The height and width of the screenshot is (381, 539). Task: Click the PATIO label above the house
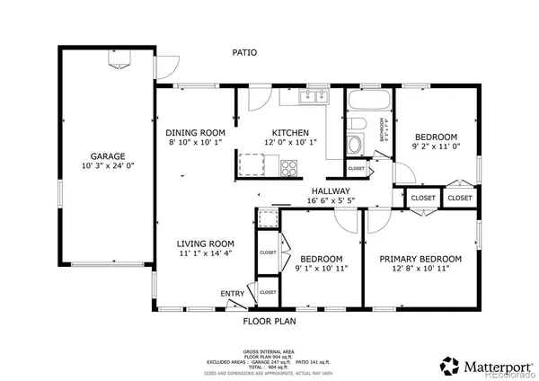[x=244, y=53]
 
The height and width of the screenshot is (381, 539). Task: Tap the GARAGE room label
[x=106, y=156]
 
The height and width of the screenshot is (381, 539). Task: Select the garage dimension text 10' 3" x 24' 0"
[x=106, y=167]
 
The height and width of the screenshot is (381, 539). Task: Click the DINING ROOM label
[x=194, y=131]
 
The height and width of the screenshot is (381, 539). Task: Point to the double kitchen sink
[x=317, y=96]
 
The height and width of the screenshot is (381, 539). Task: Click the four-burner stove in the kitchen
[x=289, y=165]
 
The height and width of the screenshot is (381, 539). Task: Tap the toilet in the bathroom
[x=357, y=124]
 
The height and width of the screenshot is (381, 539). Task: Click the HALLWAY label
[x=331, y=191]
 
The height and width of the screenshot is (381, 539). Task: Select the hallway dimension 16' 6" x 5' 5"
[x=331, y=202]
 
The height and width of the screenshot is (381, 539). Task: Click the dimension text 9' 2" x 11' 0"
[x=436, y=146]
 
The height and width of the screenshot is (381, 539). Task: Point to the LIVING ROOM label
[x=205, y=244]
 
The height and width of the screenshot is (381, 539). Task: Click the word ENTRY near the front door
[x=232, y=294]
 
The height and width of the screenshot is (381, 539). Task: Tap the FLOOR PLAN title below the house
[x=269, y=321]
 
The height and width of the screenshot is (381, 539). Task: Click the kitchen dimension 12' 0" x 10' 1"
[x=291, y=142]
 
